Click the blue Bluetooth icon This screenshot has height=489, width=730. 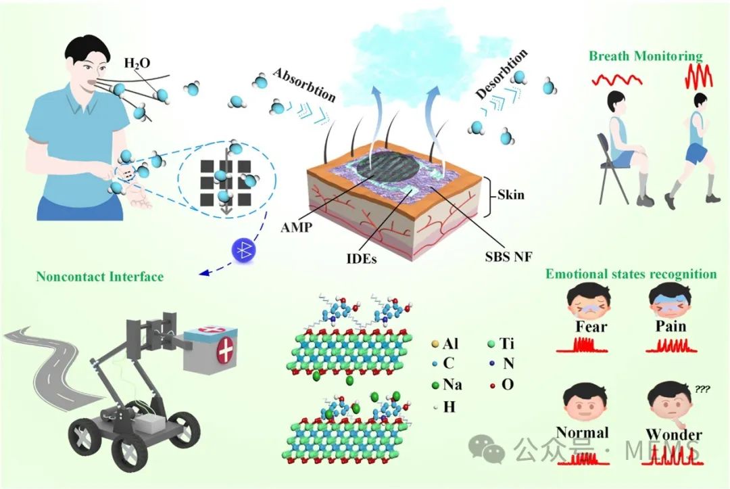pyautogui.click(x=244, y=250)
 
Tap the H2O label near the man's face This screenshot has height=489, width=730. pyautogui.click(x=137, y=63)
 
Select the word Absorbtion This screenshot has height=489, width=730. pyautogui.click(x=304, y=85)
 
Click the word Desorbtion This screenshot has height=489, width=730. pyautogui.click(x=502, y=74)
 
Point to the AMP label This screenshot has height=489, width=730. pyautogui.click(x=297, y=227)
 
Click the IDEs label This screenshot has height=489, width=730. pyautogui.click(x=361, y=258)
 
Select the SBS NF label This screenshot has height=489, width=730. pyautogui.click(x=508, y=256)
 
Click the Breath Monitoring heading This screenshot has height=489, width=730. pyautogui.click(x=646, y=56)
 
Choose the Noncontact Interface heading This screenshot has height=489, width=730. pyautogui.click(x=100, y=277)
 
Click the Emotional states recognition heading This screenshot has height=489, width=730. pyautogui.click(x=631, y=274)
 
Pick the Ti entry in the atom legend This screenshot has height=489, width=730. pyautogui.click(x=501, y=344)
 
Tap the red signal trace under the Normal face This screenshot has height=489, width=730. pyautogui.click(x=583, y=459)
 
